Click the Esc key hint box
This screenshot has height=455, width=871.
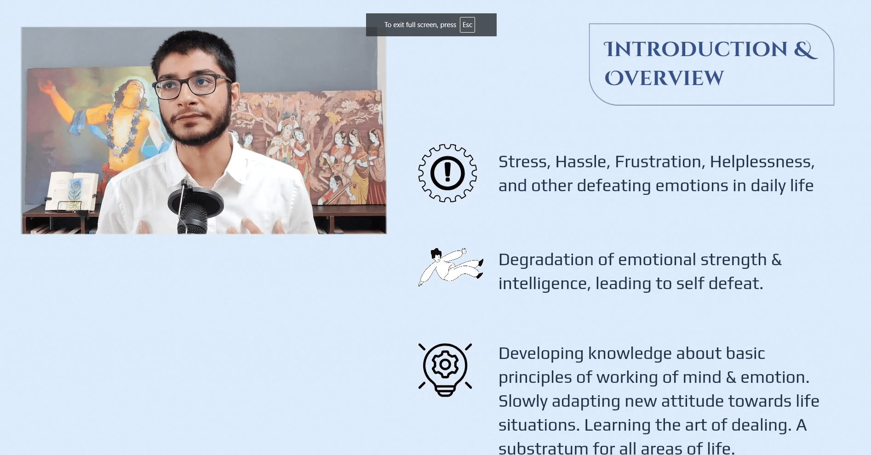(x=467, y=25)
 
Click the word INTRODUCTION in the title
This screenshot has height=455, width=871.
(x=695, y=50)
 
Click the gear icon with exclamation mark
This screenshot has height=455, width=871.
(x=447, y=173)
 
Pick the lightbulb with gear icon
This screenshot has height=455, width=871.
(x=445, y=370)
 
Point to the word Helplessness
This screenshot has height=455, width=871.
(x=762, y=162)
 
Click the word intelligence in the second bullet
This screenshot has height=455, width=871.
(x=542, y=284)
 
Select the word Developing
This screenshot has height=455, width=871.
(x=541, y=353)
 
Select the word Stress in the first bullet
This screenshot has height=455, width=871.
(x=524, y=162)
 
